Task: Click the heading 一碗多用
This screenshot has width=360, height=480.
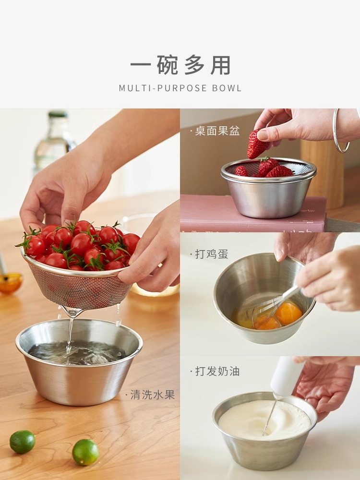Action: (180, 65)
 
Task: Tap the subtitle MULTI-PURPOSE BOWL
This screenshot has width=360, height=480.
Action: (180, 88)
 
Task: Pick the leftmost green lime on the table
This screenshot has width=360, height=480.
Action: (23, 442)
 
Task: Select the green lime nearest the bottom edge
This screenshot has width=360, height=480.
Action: (85, 452)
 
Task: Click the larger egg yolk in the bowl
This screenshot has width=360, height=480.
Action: (288, 313)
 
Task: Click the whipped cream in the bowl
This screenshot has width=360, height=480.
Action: (264, 419)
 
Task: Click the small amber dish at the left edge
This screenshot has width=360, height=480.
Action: (10, 283)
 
